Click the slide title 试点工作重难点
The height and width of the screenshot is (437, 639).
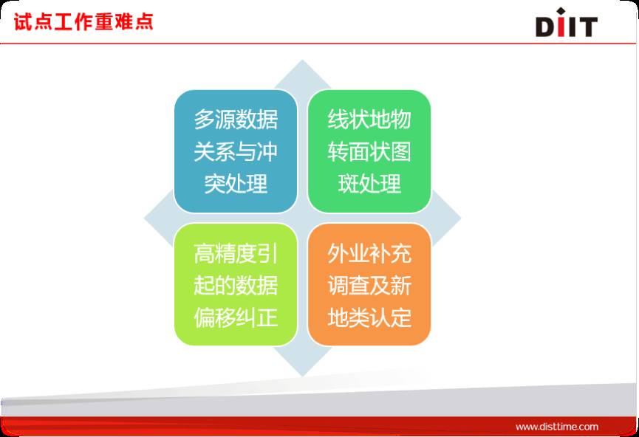pos(83,21)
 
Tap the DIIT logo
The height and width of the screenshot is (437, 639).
pos(567,22)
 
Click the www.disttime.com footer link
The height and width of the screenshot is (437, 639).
pos(557,427)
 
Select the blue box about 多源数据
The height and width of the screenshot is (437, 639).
pos(236,151)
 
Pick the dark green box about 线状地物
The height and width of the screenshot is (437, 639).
pos(369,151)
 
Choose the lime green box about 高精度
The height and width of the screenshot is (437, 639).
pos(236,284)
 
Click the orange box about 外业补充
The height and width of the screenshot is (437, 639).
pos(369,284)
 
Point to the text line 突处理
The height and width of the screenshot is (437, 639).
pos(236,184)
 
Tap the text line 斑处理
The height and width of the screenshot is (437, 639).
pos(369,184)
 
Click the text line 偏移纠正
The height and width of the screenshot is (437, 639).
pos(236,317)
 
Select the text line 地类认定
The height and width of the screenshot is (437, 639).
pos(369,317)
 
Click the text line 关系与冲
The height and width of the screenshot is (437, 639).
pos(236,151)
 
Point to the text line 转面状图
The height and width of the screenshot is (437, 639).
pos(369,151)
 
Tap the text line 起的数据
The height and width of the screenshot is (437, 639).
pos(236,285)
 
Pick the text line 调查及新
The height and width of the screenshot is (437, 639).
pos(369,285)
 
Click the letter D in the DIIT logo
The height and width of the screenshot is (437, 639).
pos(545,27)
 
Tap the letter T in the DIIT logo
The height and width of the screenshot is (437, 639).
pos(587,27)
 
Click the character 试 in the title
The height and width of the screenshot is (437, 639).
pos(23,21)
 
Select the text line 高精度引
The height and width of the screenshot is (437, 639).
pos(236,253)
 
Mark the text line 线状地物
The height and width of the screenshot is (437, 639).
pos(369,120)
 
